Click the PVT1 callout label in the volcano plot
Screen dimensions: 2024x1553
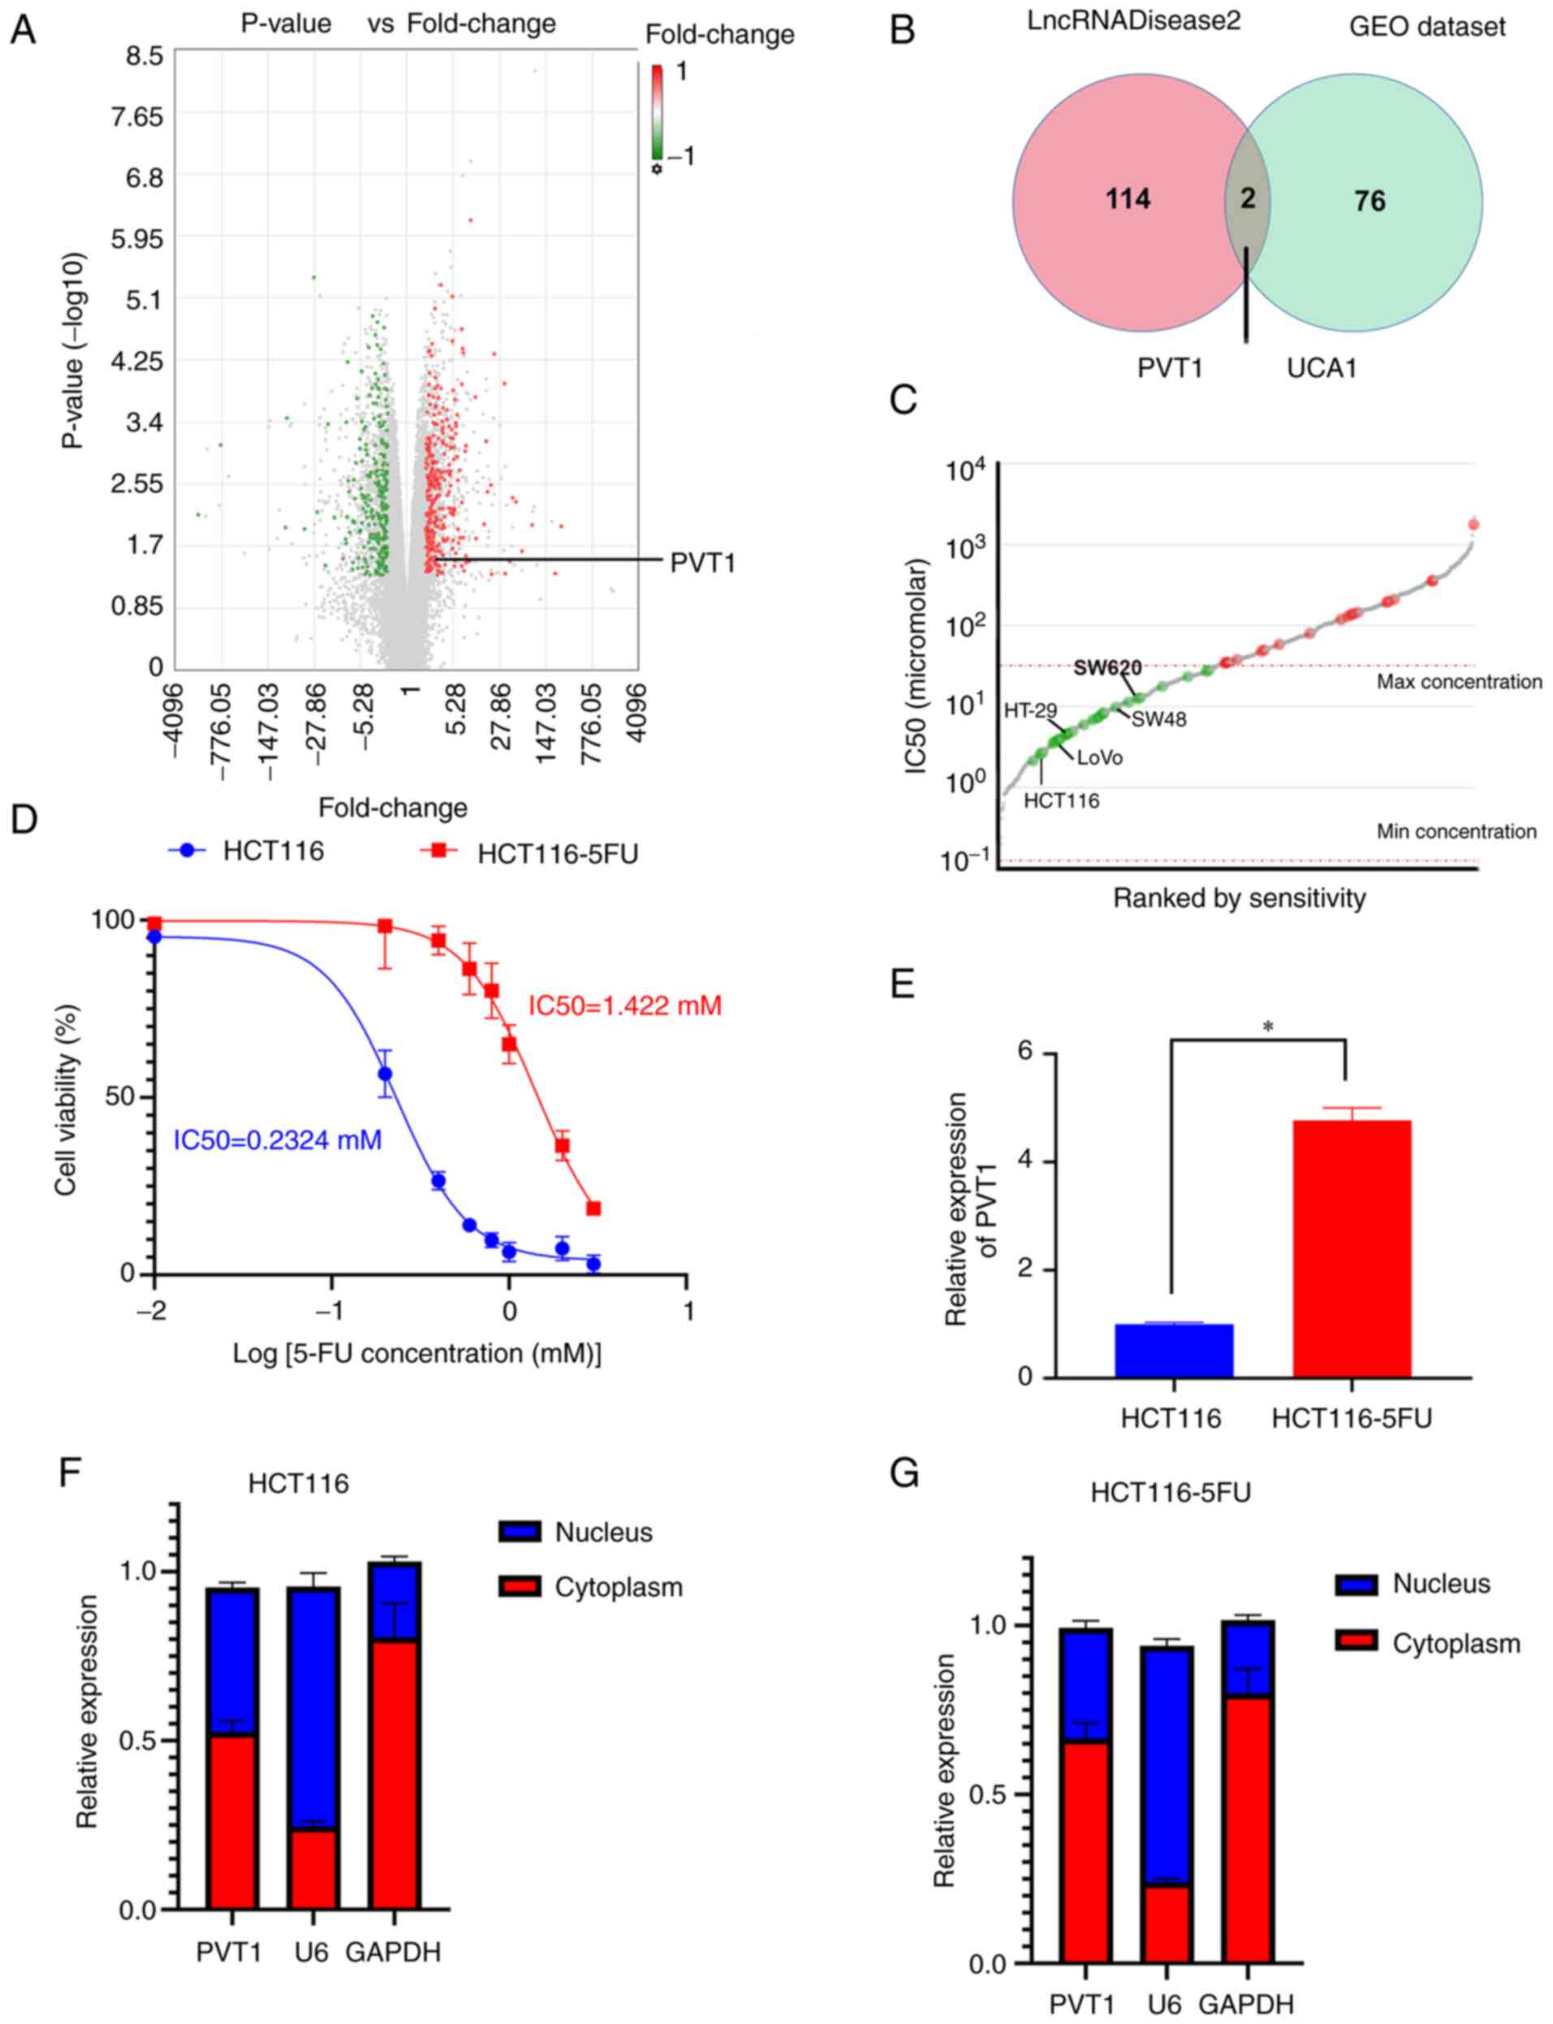click(x=702, y=562)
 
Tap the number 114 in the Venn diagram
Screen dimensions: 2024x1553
click(x=1128, y=199)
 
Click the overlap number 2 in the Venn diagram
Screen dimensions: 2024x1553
click(x=1248, y=198)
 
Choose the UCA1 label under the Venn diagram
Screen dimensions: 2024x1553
click(x=1322, y=368)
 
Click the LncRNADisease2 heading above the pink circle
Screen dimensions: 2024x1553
click(x=1134, y=22)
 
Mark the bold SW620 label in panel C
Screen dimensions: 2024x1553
click(x=1107, y=668)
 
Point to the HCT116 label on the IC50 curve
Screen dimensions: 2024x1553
click(x=1061, y=801)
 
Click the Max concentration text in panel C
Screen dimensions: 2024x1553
click(x=1459, y=681)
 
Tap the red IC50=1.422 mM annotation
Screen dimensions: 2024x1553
click(x=624, y=1005)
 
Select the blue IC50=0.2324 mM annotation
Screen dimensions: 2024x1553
click(x=278, y=1140)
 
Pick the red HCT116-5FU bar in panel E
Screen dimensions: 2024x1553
click(x=1352, y=1248)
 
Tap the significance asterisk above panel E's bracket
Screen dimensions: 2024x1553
click(x=1267, y=1027)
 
